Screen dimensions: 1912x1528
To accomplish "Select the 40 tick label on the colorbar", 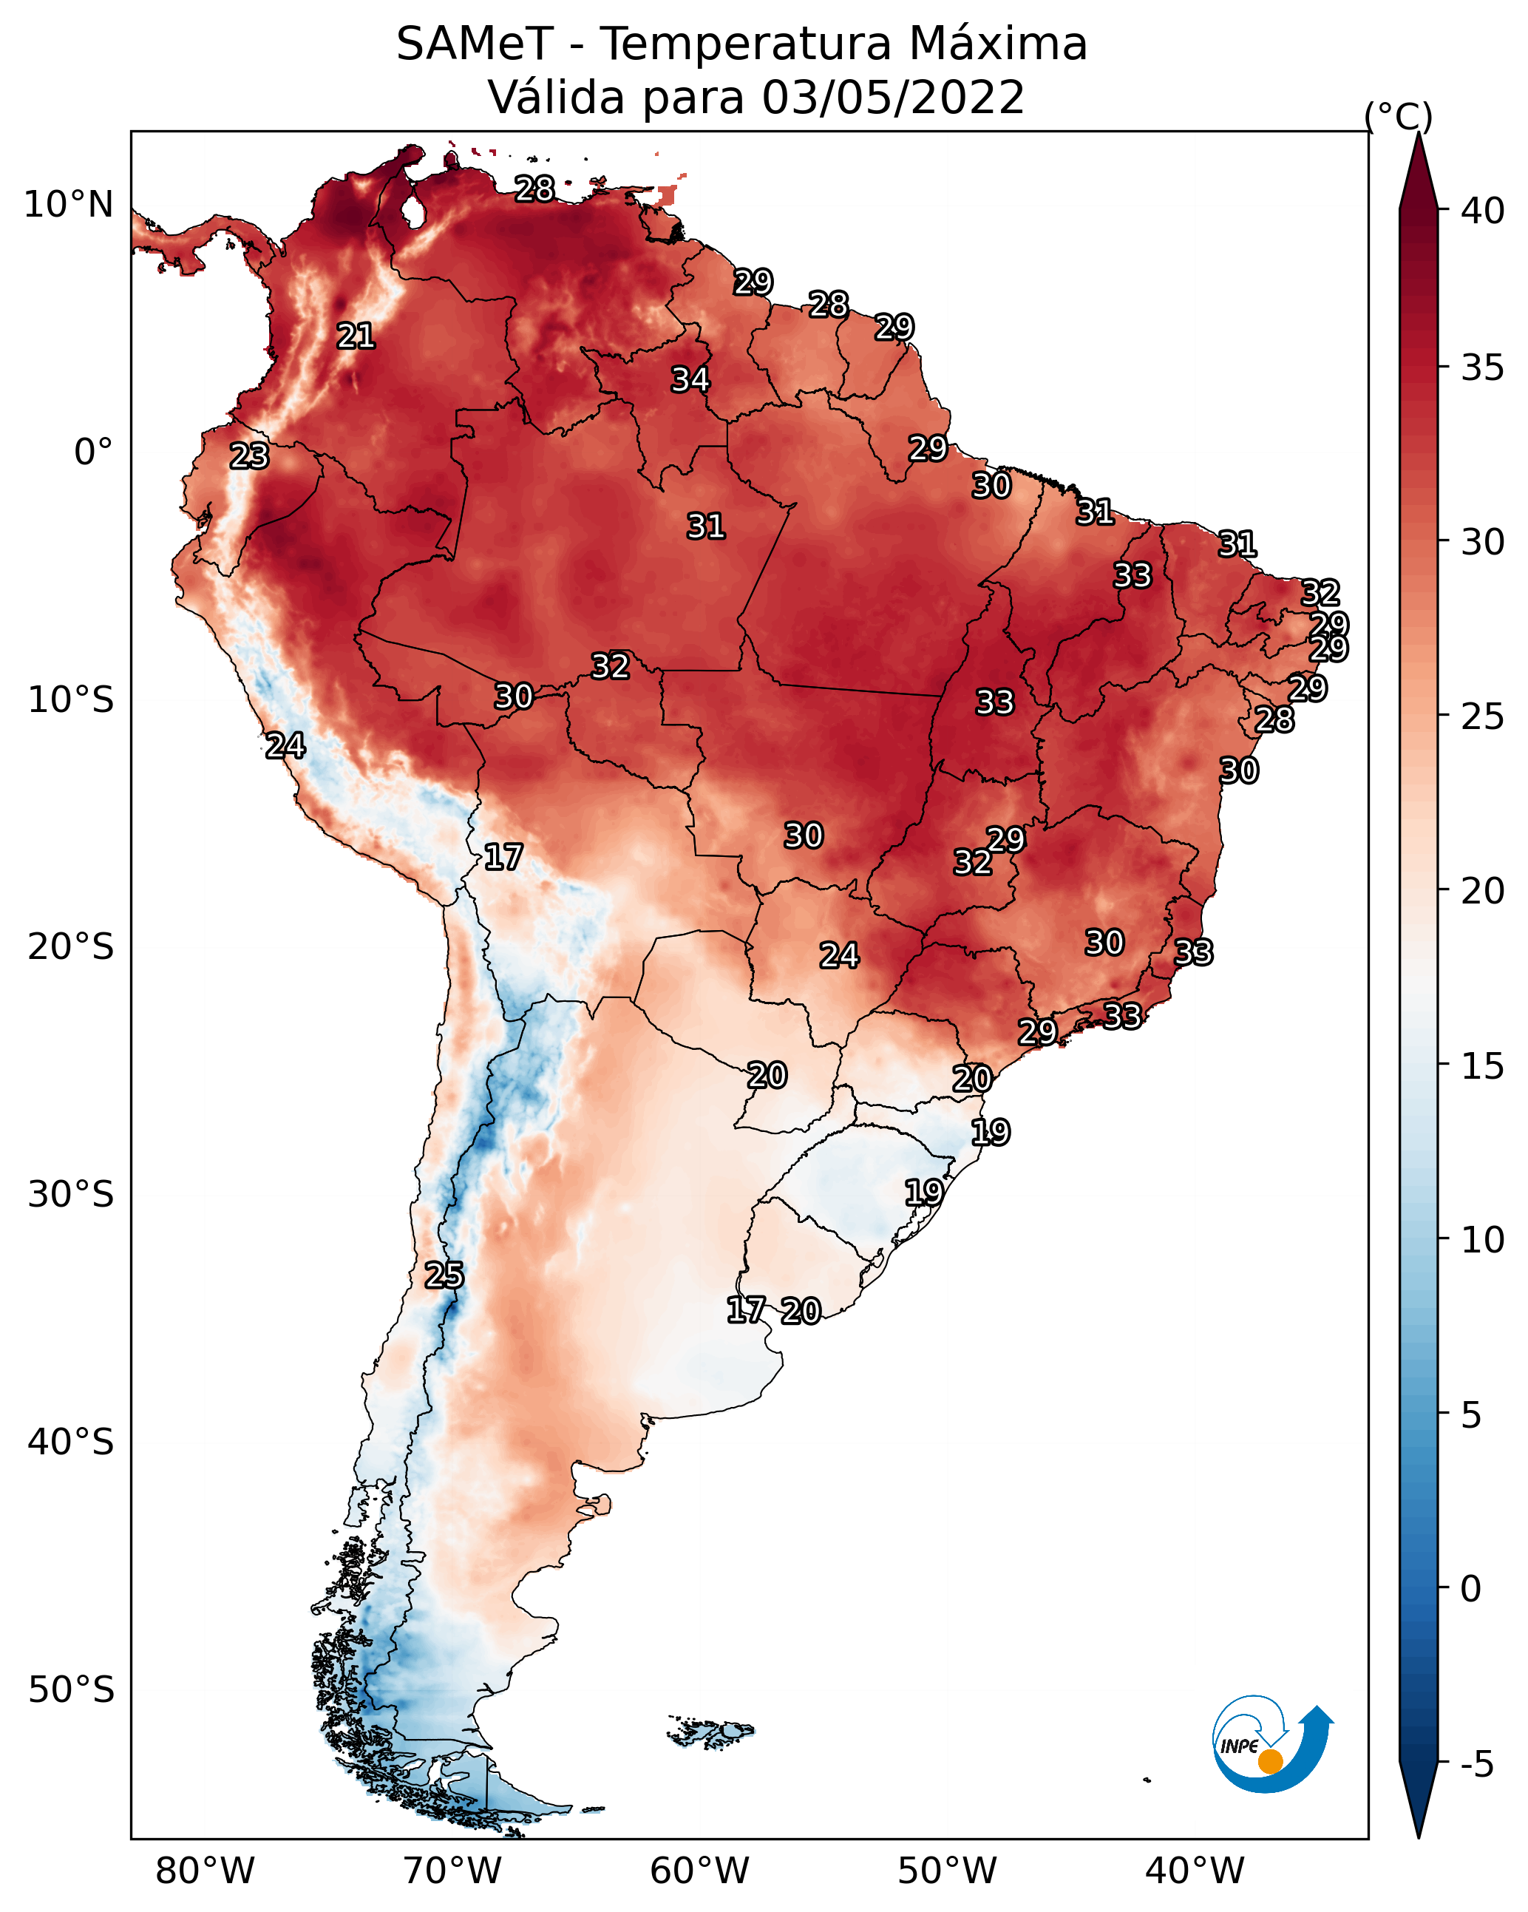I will point(1483,211).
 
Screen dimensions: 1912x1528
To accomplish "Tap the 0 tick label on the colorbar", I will point(1470,1589).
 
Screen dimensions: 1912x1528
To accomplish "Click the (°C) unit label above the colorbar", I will point(1399,116).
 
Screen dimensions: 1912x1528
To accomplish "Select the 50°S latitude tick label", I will point(71,1690).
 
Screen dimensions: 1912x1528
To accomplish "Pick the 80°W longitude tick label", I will point(205,1871).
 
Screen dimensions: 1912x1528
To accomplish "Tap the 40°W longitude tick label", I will point(1195,1871).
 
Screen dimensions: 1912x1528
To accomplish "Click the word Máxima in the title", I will point(996,44).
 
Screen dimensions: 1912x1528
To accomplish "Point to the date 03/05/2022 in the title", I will point(893,98).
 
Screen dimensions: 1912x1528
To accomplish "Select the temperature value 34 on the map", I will point(690,379).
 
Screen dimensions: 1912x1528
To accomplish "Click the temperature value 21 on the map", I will point(356,336).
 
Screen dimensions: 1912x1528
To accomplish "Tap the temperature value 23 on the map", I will point(249,456).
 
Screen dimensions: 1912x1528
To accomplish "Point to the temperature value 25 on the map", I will point(444,1275).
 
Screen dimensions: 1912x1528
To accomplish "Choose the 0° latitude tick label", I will point(93,452).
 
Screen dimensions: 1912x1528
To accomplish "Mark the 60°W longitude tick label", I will point(700,1871).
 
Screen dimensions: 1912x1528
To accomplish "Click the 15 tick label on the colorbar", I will point(1483,1066).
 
